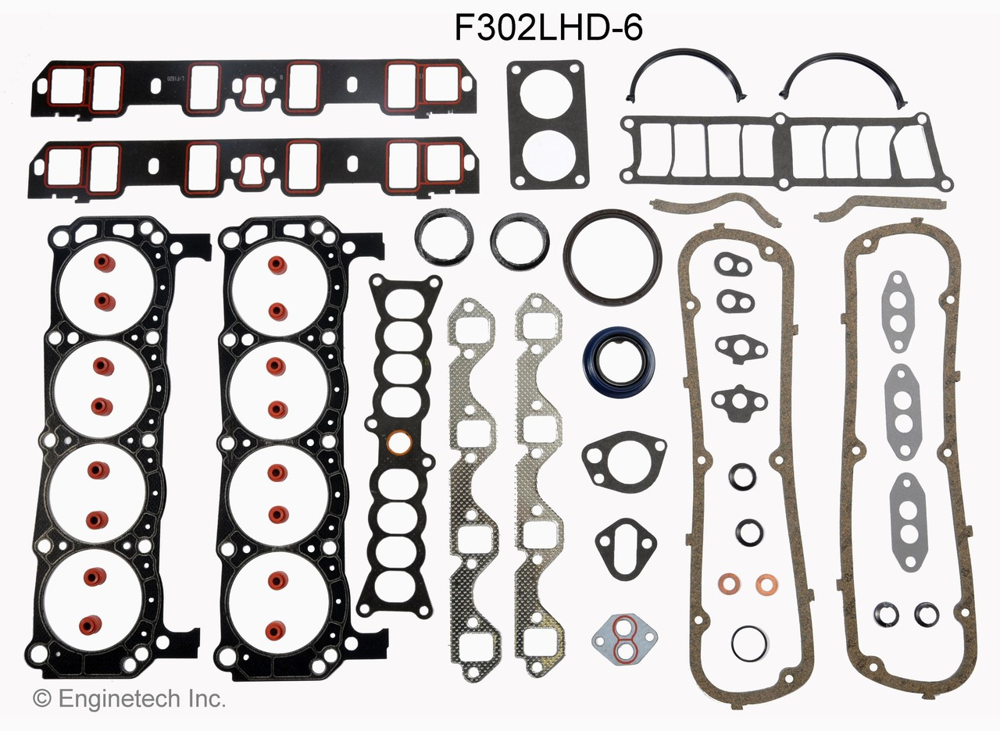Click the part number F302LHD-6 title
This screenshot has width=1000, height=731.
(x=548, y=28)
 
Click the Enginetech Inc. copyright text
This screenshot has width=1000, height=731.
(x=129, y=697)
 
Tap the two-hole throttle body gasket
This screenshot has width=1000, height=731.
(x=547, y=125)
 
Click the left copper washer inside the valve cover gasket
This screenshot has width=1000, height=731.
(x=728, y=583)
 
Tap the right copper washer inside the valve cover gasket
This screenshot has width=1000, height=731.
(x=766, y=583)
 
